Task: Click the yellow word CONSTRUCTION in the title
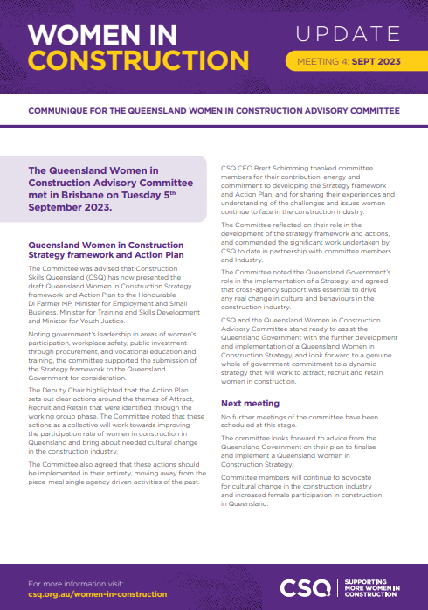(x=126, y=61)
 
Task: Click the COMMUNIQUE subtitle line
(x=214, y=112)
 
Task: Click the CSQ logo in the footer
(x=305, y=586)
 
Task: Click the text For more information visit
(x=79, y=582)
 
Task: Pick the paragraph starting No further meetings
(x=301, y=423)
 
